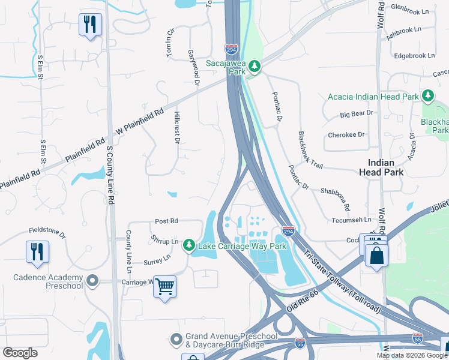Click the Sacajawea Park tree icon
click(x=255, y=65)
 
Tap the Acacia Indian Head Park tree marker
click(x=427, y=96)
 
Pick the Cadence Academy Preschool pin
click(x=92, y=280)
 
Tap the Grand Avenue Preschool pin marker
click(x=176, y=340)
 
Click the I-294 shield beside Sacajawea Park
click(x=232, y=48)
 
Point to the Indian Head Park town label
click(x=385, y=167)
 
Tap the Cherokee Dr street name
click(x=346, y=135)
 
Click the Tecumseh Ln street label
click(x=352, y=220)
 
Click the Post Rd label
click(x=166, y=221)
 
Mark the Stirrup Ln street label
click(x=164, y=241)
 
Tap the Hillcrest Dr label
click(x=176, y=127)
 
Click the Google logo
click(x=20, y=352)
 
